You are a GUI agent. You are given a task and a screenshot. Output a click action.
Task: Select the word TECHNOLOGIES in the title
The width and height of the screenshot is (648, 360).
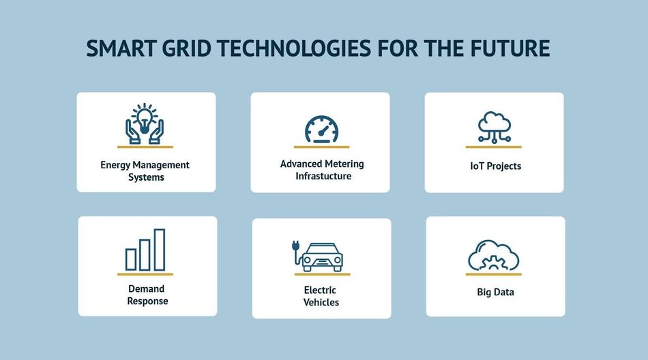[294, 48]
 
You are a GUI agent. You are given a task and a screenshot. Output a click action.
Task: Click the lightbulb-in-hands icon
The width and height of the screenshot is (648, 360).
[145, 123]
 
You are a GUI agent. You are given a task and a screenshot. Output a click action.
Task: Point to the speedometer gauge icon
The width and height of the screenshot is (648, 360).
[321, 130]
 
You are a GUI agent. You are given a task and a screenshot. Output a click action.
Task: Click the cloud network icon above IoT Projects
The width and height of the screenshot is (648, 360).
[495, 127]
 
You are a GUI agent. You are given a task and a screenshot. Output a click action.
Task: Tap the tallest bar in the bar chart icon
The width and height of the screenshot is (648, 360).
[160, 250]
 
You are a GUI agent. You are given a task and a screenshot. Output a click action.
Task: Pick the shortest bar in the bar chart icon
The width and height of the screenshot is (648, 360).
[131, 260]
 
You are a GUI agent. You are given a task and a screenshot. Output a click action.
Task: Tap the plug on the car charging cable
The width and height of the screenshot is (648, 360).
[295, 245]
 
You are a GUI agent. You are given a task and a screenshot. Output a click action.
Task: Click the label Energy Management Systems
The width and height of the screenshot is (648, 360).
[145, 171]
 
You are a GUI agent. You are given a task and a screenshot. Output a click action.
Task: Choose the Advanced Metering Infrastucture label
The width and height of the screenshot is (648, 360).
[322, 170]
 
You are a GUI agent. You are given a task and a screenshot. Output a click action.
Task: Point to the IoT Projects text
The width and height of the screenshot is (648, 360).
[495, 166]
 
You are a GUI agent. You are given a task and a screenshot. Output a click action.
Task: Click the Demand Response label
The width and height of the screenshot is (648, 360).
[147, 295]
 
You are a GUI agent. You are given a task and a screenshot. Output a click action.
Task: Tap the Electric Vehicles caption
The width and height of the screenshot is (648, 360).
[321, 296]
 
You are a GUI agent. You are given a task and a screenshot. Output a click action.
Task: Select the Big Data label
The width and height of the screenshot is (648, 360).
[495, 292]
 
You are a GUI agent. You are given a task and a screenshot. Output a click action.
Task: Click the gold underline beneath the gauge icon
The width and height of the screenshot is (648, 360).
[321, 147]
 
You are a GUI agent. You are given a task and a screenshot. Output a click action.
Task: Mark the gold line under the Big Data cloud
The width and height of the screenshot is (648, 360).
[493, 274]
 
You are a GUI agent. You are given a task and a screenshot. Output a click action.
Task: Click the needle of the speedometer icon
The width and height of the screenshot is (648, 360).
[323, 131]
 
